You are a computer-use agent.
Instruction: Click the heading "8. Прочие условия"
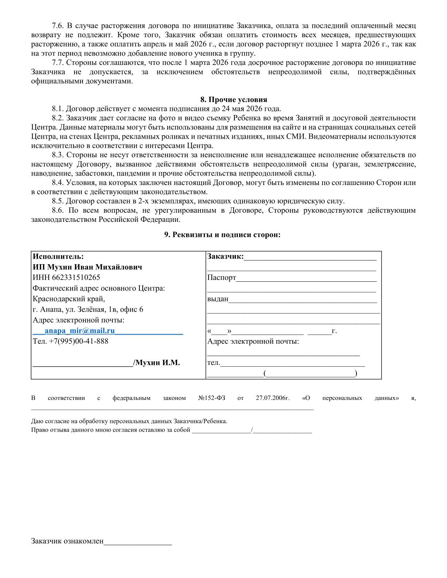[x=233, y=100]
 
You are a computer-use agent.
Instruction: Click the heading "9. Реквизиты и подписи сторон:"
[x=222, y=235]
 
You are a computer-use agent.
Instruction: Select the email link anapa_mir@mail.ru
[x=80, y=331]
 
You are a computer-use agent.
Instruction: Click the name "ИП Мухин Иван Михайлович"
[x=87, y=267]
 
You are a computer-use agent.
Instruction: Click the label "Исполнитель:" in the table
[x=58, y=256]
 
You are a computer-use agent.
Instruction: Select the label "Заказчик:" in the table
[x=225, y=256]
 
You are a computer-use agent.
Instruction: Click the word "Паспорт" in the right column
[x=222, y=278]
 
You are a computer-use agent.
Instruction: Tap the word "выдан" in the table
[x=218, y=299]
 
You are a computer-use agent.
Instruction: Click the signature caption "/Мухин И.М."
[x=157, y=363]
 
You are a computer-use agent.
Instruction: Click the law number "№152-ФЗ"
[x=211, y=398]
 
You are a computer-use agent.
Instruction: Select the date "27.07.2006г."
[x=272, y=398]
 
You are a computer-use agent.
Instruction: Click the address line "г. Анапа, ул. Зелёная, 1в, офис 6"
[x=88, y=309]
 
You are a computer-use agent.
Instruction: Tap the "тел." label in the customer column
[x=214, y=363]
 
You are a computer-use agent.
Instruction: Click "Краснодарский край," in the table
[x=69, y=299]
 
